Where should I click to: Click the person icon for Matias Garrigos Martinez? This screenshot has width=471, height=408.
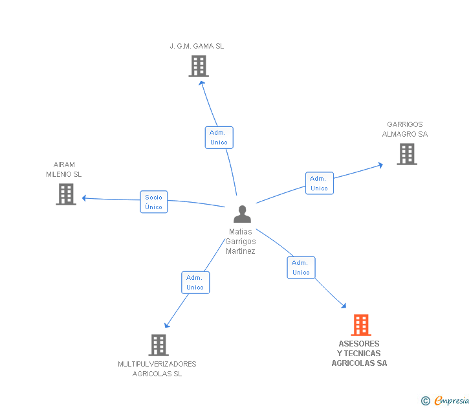pos(242,214)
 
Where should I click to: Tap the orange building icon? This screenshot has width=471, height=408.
pos(360,325)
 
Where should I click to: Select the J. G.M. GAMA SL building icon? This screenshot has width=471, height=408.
pos(199,66)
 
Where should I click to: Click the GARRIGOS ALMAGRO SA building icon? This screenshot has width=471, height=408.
pos(406,154)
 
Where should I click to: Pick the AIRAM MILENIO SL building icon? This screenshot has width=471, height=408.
pos(66,194)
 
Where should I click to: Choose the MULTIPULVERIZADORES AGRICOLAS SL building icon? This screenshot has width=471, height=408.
pos(159,345)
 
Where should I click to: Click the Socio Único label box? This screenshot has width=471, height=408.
pos(154,202)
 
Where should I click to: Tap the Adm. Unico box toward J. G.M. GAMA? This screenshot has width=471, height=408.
pos(219,137)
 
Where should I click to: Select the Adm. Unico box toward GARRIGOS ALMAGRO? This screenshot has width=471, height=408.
pos(319,183)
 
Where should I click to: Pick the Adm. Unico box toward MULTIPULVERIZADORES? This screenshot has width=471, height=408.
pos(195,282)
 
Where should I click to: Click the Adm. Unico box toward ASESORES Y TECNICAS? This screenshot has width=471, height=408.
pos(301,267)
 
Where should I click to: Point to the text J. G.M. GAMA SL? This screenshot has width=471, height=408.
pos(197,46)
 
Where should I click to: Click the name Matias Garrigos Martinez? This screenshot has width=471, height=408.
pos(241,242)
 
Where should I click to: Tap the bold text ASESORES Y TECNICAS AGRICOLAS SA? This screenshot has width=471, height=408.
pos(359,354)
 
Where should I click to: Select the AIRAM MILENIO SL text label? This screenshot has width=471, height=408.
pos(64,169)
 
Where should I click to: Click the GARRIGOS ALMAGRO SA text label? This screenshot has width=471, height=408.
pos(405,129)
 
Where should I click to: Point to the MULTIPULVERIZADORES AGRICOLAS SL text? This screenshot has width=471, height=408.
pos(157,368)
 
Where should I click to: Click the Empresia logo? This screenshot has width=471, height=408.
pos(452,401)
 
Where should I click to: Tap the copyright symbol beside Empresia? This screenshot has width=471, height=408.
pos(425,402)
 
